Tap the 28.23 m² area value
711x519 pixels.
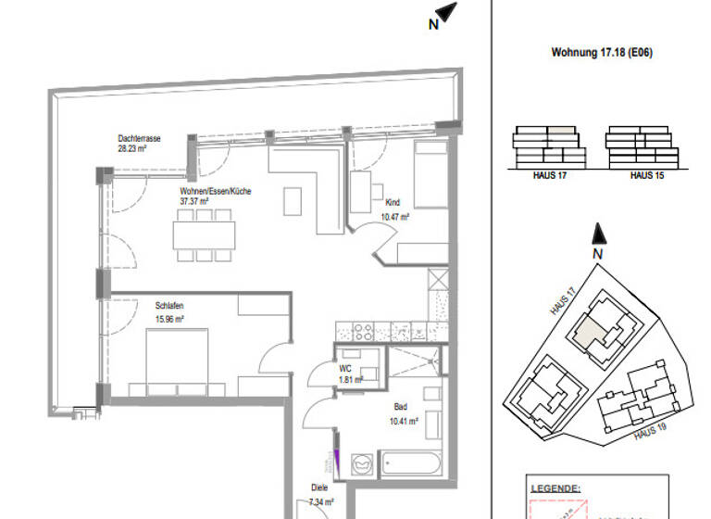(133, 146)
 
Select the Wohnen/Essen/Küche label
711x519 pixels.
(216, 191)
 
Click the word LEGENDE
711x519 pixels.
(555, 487)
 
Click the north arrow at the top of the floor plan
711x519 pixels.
(446, 13)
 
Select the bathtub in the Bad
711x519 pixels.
(415, 461)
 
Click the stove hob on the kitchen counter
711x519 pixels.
(359, 331)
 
